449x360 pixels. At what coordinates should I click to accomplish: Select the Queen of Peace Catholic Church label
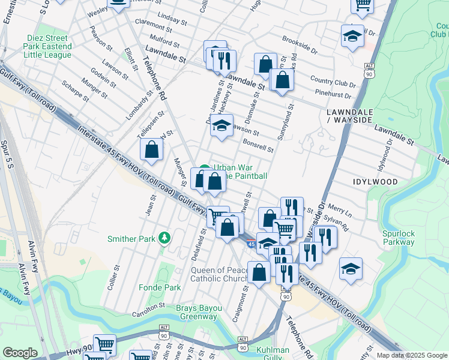click(220, 274)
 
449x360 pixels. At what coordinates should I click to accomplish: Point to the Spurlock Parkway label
click(398, 238)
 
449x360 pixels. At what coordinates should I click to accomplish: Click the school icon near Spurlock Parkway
click(351, 269)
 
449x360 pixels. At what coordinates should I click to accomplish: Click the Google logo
click(20, 353)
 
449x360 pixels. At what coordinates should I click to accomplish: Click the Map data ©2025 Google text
click(411, 355)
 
